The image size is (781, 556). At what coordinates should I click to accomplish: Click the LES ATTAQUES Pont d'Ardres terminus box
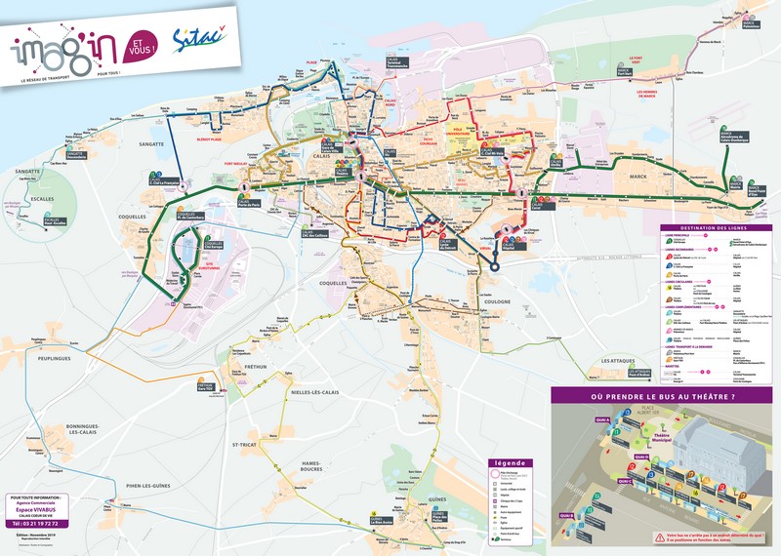(640, 374)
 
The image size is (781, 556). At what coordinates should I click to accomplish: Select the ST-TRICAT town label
(244, 445)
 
